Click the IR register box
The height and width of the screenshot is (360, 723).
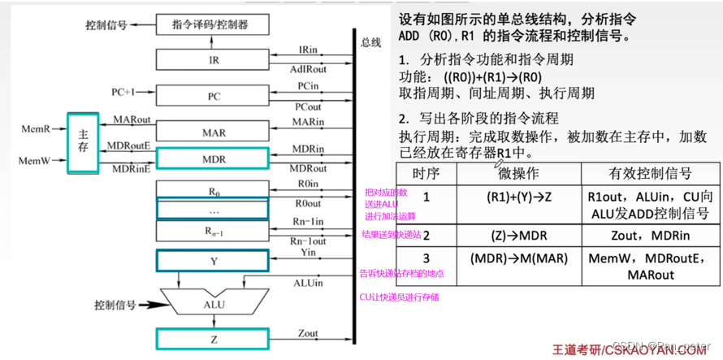click(214, 60)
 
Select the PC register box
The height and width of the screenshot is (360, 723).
click(214, 96)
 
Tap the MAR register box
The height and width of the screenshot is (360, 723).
click(214, 132)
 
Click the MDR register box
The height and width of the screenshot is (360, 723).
click(213, 158)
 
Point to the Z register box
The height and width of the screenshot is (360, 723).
click(213, 339)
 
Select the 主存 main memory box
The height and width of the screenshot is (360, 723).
click(83, 141)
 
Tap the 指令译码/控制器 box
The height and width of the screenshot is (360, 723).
click(210, 25)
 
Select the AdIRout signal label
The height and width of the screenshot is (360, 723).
click(309, 71)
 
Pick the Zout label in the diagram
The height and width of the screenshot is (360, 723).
click(308, 333)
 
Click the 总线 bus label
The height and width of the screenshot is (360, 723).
click(370, 42)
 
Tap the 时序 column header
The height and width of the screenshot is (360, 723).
click(426, 174)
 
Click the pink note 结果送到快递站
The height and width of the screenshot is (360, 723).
click(393, 234)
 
